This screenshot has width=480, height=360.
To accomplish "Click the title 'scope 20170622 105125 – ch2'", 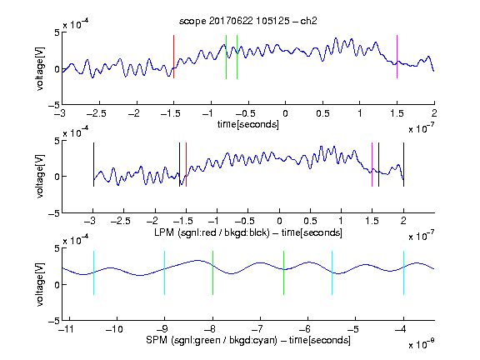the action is pyautogui.click(x=248, y=21).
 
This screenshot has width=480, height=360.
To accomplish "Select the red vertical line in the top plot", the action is pyautogui.click(x=173, y=57).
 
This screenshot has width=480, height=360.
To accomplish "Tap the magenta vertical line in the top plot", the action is pyautogui.click(x=397, y=57).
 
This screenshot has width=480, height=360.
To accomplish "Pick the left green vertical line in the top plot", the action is pyautogui.click(x=226, y=57).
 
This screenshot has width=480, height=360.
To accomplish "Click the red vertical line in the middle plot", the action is pyautogui.click(x=186, y=164).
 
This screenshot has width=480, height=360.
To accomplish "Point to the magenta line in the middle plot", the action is pyautogui.click(x=372, y=164).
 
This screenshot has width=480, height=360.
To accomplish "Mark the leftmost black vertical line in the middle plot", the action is pyautogui.click(x=93, y=164).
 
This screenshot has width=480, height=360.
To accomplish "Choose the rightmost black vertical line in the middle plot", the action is pyautogui.click(x=403, y=164).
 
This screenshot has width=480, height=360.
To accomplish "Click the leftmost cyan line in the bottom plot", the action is pyautogui.click(x=93, y=272).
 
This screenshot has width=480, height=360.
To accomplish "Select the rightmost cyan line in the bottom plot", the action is pyautogui.click(x=403, y=272).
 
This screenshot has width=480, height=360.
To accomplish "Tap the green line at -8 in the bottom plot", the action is pyautogui.click(x=212, y=272).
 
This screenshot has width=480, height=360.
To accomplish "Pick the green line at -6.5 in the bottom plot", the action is pyautogui.click(x=284, y=272).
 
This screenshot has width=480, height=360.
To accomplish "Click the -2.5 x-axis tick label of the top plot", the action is pyautogui.click(x=97, y=113).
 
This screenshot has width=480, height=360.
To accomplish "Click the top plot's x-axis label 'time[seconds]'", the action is pyautogui.click(x=248, y=124).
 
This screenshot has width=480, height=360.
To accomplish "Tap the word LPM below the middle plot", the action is pyautogui.click(x=164, y=232).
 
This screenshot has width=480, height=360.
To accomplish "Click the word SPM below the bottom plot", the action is pyautogui.click(x=157, y=340).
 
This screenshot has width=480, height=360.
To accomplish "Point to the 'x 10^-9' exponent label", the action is pyautogui.click(x=421, y=344).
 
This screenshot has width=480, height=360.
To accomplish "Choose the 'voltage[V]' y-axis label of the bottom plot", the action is pyautogui.click(x=40, y=284).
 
